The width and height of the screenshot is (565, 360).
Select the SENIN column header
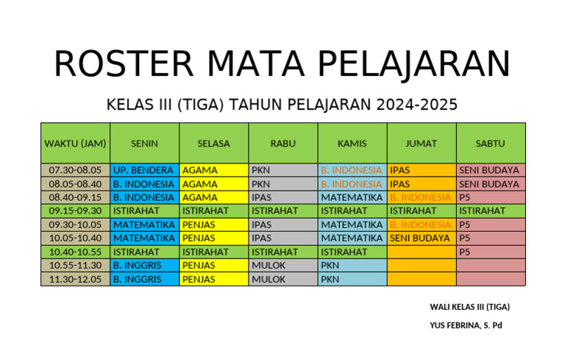144,144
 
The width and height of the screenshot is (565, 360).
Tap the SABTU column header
491,144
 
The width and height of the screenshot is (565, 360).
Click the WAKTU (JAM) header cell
75,144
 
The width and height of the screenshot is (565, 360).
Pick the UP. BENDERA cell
143,170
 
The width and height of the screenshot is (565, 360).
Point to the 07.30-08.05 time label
75,170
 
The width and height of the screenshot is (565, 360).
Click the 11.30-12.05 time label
75,280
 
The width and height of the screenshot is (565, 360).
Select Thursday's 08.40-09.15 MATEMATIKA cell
352,197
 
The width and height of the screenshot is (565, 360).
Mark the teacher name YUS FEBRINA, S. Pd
466,325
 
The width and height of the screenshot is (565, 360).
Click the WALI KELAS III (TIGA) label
469,306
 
